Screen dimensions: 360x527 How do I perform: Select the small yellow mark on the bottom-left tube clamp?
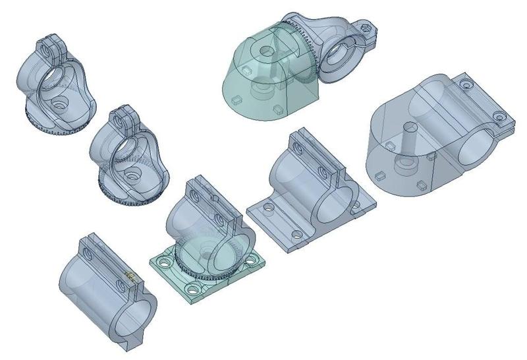pyautogui.click(x=130, y=276)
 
